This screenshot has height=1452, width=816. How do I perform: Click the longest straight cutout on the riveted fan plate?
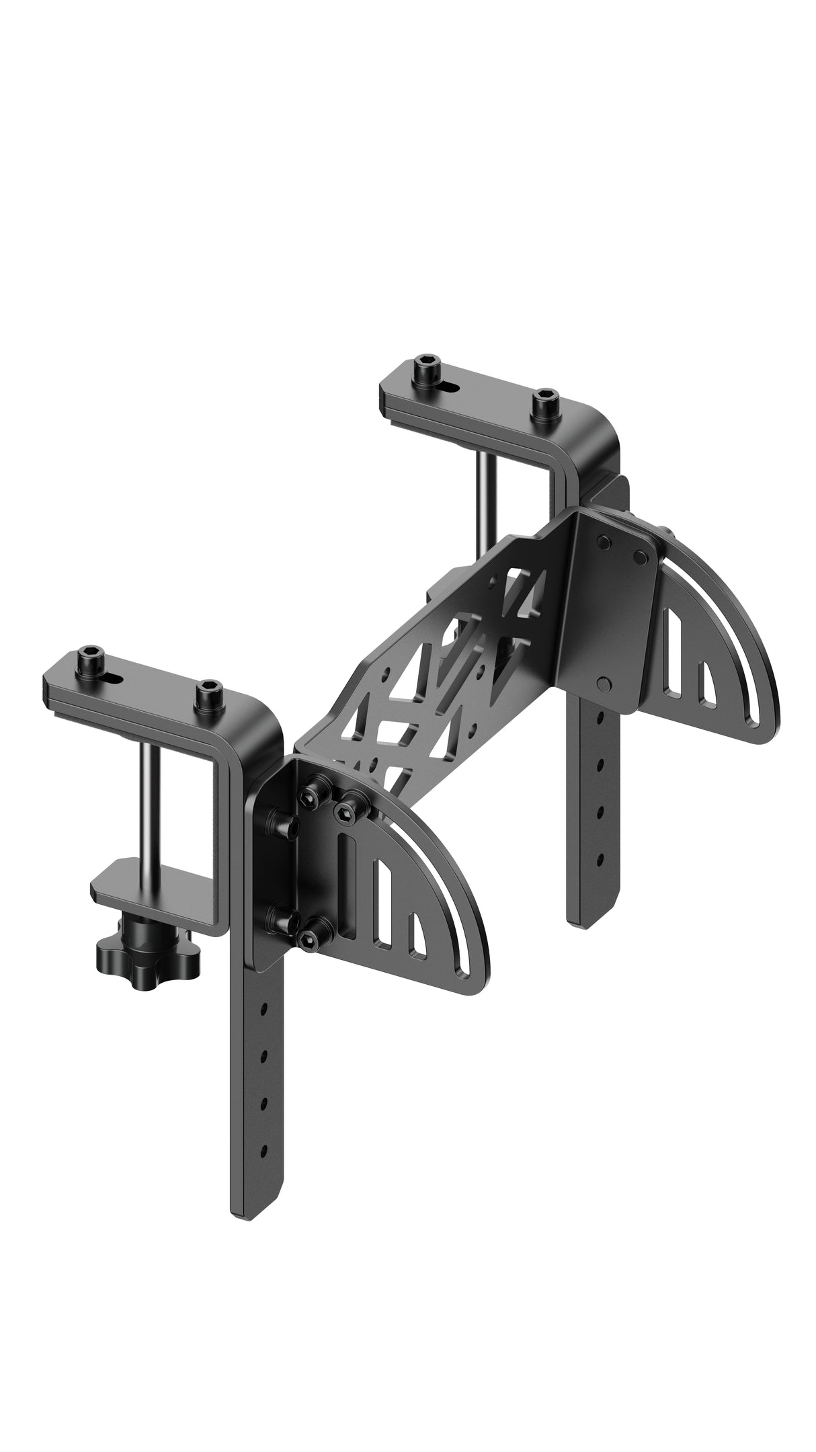[x=673, y=647]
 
